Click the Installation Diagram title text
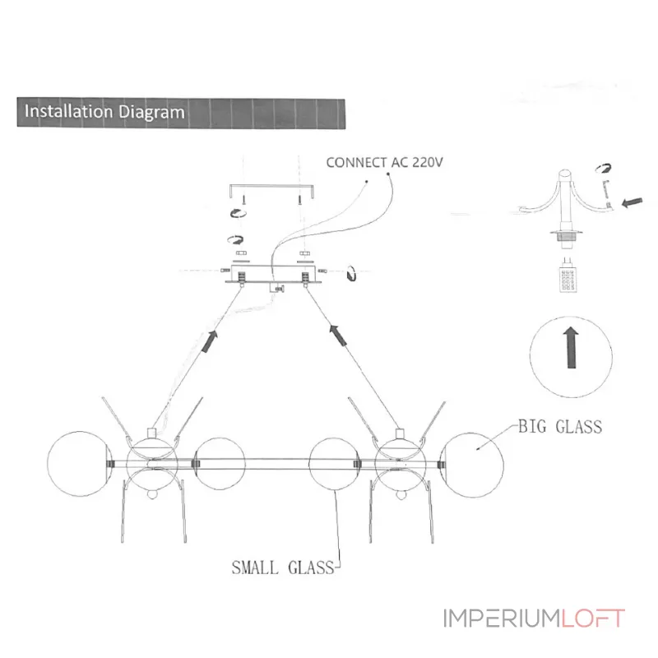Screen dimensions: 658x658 104,112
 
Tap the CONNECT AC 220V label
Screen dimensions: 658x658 384,162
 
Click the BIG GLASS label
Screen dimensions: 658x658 560,427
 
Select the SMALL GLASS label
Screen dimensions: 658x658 283,568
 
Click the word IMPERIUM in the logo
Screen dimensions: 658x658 502,619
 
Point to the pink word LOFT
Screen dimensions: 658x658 593,619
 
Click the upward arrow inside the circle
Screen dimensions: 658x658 571,348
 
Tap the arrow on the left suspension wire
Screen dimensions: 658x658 211,341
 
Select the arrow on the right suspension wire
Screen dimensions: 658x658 338,335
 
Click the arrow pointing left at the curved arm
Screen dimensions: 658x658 632,202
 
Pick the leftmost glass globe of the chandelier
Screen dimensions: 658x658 80,464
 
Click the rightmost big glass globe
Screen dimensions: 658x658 471,465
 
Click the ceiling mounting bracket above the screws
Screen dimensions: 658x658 272,191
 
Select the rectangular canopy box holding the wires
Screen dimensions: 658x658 274,274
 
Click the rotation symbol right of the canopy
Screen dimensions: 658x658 351,273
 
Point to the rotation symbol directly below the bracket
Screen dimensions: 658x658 238,213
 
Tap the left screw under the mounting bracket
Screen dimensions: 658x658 243,199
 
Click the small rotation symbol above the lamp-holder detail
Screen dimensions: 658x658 604,169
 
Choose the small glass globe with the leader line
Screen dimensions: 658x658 334,464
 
